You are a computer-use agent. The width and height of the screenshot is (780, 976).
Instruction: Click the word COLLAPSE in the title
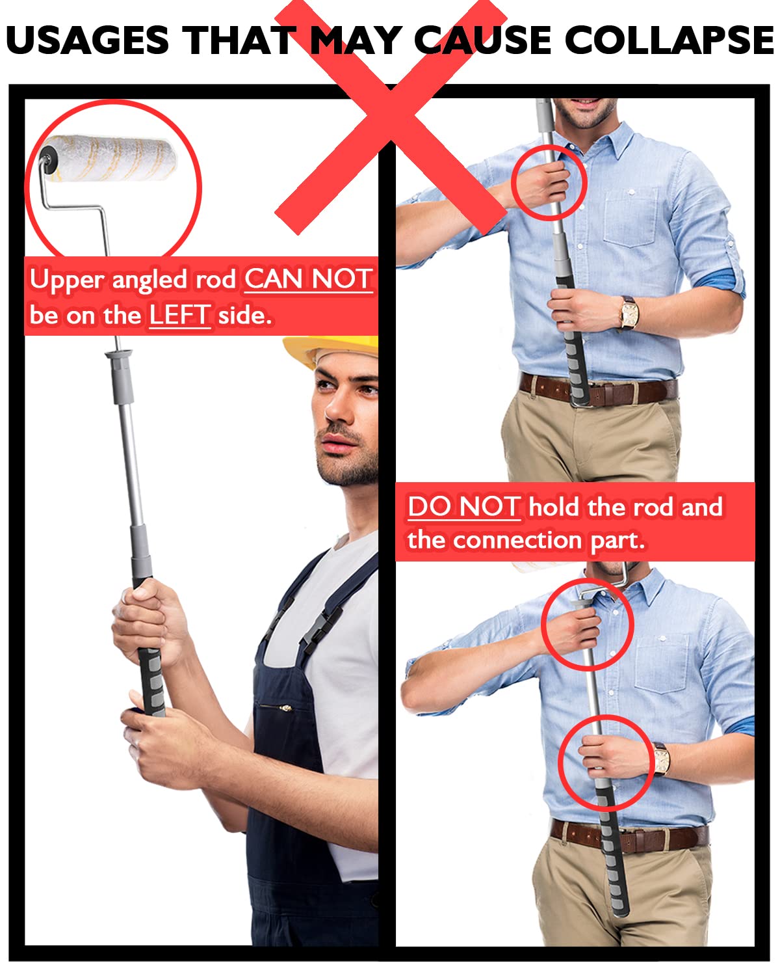[x=669, y=40]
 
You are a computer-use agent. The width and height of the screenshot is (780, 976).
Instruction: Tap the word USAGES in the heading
[x=88, y=40]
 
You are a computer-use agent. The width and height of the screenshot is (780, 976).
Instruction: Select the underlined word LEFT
[x=179, y=315]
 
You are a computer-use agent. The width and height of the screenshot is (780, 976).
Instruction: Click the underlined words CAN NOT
[x=309, y=278]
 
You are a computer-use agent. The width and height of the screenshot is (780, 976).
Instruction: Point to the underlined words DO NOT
[x=464, y=506]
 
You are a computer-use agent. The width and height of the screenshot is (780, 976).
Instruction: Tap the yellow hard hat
[x=331, y=349]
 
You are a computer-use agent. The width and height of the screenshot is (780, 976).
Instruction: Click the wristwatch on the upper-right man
[x=629, y=312]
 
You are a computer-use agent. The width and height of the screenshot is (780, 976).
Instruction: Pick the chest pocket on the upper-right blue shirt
[x=631, y=217]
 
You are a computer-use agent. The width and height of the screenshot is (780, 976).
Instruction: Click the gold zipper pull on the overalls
[x=285, y=707]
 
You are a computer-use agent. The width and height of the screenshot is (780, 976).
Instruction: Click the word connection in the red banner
[x=517, y=540]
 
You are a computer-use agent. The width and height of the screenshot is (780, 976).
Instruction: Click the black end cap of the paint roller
[x=48, y=159]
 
